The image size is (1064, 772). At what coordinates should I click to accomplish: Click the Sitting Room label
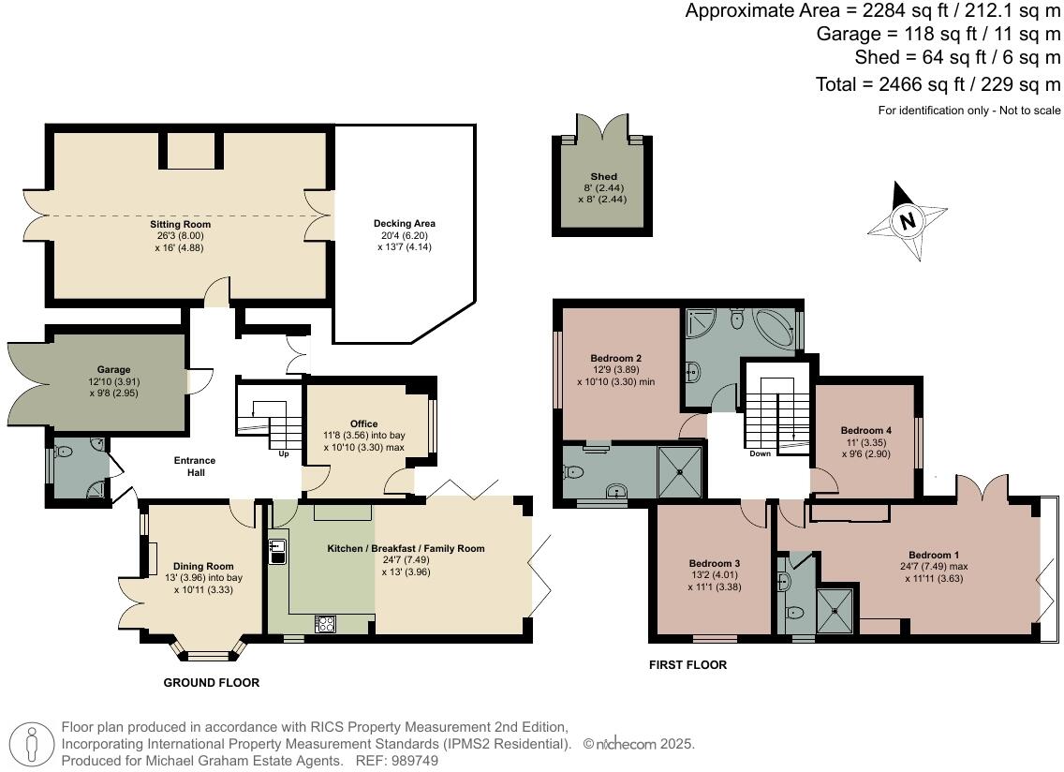[180, 225]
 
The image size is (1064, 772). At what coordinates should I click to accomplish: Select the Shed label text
[603, 176]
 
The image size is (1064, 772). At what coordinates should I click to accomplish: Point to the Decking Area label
[405, 223]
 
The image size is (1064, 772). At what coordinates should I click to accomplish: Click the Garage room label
[113, 370]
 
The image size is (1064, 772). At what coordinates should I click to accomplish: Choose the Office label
[363, 424]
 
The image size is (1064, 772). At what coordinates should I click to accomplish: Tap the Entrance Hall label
[195, 467]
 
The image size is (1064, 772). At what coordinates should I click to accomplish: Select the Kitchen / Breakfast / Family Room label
[406, 548]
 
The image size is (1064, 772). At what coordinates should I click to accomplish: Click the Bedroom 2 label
[615, 358]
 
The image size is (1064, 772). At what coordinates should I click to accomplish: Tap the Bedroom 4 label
[866, 430]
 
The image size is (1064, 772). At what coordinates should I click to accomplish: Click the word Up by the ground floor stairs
[284, 454]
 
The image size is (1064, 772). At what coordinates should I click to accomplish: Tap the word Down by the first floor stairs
[761, 453]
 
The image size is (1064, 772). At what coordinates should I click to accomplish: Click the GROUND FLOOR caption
[211, 683]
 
